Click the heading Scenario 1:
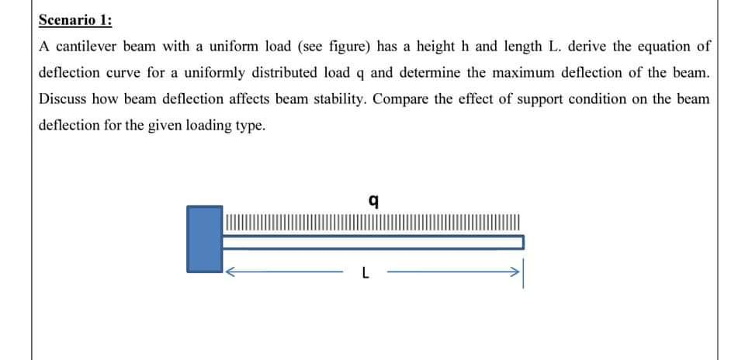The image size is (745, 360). pos(75,20)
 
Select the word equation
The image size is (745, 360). pos(662,46)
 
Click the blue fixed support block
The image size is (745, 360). pos(204,238)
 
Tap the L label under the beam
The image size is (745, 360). pos(365,272)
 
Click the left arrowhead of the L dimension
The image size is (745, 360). pos(230,272)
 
